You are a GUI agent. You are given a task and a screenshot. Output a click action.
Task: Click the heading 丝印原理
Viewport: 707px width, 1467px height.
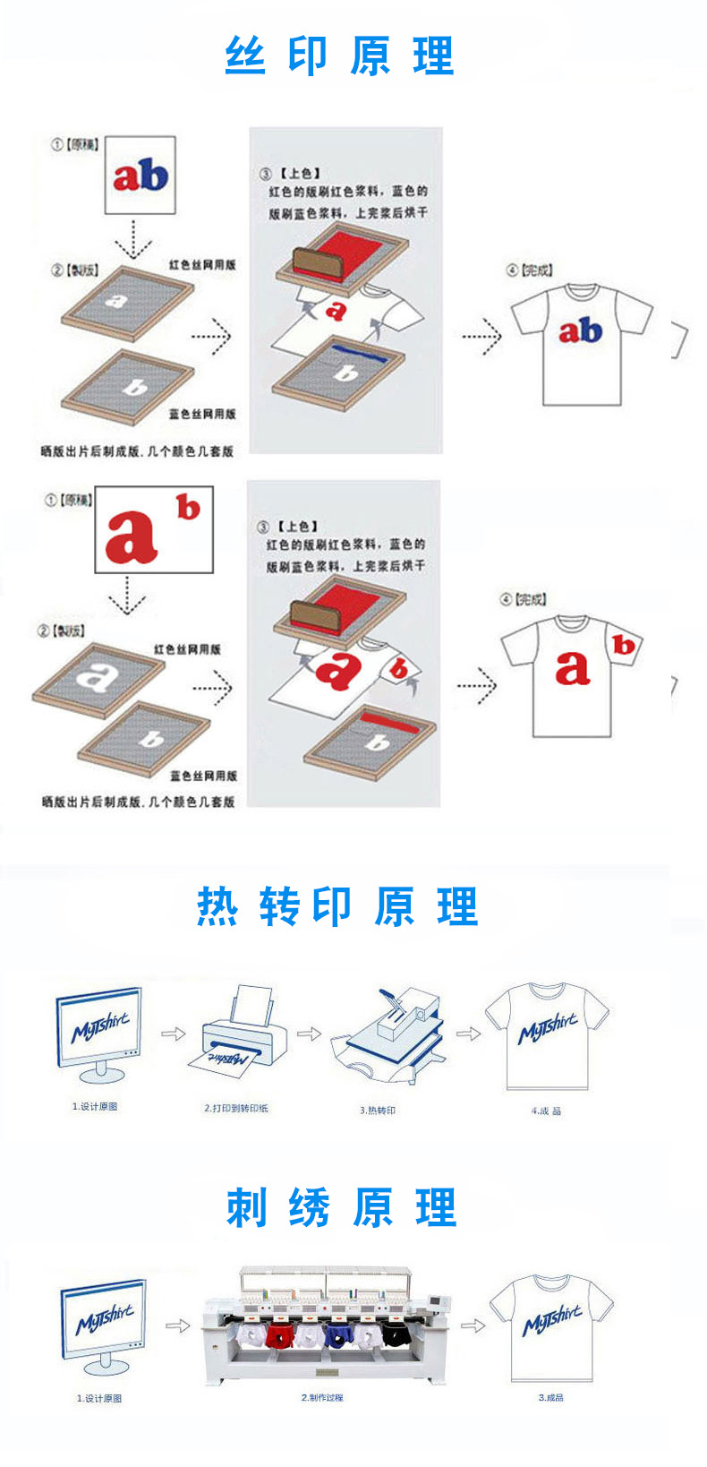coord(339,56)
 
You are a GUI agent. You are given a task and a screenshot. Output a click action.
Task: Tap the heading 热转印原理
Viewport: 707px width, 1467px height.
coord(337,906)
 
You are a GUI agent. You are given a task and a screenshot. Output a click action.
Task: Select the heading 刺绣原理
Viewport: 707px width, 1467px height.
coord(341,1207)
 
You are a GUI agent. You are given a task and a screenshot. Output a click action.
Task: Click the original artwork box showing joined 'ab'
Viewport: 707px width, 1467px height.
coord(140,176)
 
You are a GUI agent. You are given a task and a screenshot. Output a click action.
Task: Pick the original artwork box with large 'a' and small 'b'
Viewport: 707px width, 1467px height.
coord(154,530)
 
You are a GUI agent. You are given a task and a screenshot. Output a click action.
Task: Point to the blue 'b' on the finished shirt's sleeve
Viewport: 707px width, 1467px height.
coord(624,645)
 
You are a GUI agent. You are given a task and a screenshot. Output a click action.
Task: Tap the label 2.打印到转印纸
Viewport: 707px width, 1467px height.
coord(236,1108)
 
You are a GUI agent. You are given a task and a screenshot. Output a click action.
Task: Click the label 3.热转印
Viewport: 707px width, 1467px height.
coord(378,1110)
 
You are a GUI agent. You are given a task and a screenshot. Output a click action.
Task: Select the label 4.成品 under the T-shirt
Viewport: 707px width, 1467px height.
coord(546,1111)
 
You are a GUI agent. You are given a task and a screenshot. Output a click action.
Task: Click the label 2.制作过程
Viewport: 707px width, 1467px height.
coord(322,1397)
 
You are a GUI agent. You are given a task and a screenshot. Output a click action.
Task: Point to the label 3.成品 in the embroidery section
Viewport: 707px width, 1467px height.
coord(550,1397)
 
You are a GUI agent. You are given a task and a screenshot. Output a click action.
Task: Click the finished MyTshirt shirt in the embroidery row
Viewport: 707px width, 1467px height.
coord(551,1325)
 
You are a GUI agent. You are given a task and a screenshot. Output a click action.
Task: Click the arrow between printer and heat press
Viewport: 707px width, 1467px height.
coord(309,1034)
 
